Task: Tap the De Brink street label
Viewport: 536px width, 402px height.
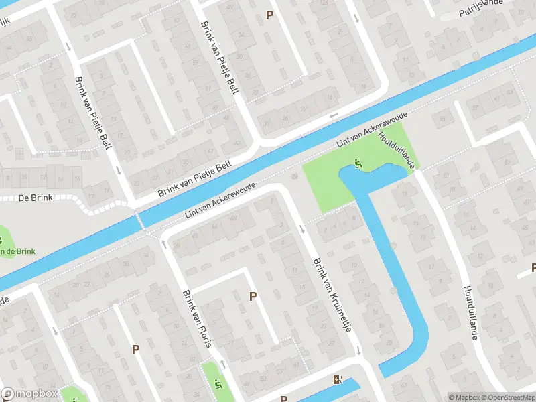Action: click(x=35, y=198)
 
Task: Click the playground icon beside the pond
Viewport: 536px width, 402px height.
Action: click(x=359, y=163)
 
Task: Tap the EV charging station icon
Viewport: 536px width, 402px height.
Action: click(x=336, y=381)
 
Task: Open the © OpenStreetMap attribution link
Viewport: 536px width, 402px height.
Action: click(x=507, y=397)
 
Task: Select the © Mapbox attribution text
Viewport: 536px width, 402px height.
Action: click(x=463, y=397)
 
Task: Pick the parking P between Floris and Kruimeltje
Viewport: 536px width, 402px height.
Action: click(x=253, y=296)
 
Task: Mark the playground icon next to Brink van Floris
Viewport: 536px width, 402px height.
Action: click(x=218, y=384)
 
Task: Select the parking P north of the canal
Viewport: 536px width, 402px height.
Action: click(x=270, y=15)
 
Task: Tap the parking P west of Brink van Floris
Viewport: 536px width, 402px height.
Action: click(x=135, y=349)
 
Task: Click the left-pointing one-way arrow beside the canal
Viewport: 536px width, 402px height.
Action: click(x=333, y=115)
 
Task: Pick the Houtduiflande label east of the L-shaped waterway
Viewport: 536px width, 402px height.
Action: click(x=470, y=312)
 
